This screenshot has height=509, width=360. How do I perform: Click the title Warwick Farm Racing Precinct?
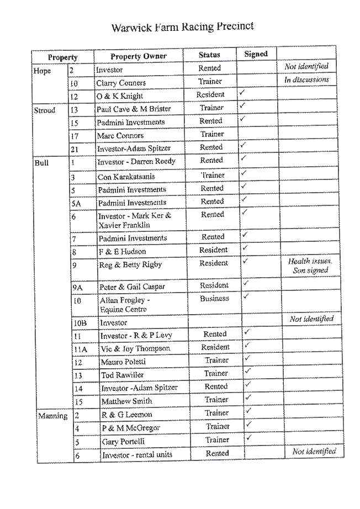tap(182, 26)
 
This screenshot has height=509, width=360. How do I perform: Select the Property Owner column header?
tap(139, 56)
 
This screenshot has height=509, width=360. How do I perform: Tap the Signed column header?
tap(256, 54)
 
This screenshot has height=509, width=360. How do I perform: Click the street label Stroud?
tap(45, 110)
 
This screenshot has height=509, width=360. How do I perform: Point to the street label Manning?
tap(53, 416)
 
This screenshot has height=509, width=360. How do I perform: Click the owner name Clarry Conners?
tap(121, 83)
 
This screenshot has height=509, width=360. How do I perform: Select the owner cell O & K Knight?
tap(119, 96)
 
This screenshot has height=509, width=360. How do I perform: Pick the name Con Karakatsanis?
tap(126, 177)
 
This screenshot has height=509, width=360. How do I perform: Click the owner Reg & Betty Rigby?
tap(130, 265)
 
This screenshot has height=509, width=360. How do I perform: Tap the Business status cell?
tap(214, 298)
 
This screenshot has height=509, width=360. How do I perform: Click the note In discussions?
tap(307, 79)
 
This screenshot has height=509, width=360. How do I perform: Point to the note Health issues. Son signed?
tap(310, 266)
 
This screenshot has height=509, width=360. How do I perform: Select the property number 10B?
tap(80, 323)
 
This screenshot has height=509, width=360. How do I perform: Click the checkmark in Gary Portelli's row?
tap(249, 438)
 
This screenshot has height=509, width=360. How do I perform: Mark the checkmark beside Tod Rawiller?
tap(248, 371)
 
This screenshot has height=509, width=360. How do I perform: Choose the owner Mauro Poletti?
tap(123, 362)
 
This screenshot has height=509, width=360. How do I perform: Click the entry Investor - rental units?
tap(137, 455)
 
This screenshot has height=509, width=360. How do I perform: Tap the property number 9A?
tap(78, 288)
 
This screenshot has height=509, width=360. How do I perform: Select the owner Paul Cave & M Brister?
tap(134, 109)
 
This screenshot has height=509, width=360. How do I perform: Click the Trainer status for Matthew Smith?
tap(216, 400)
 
